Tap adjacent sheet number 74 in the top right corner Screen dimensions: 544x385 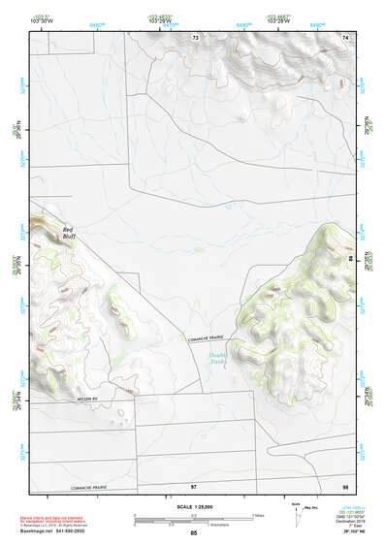click(x=344, y=37)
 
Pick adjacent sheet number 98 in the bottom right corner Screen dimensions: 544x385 click(x=344, y=485)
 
